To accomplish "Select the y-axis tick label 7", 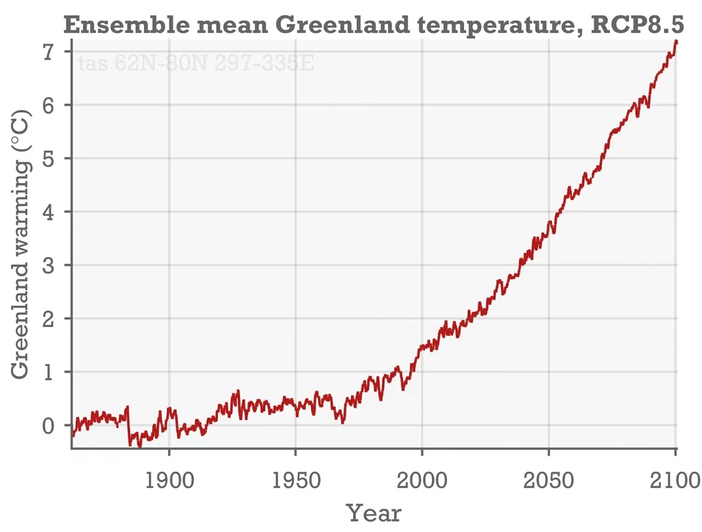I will (47, 51).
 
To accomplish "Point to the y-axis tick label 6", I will (47, 105).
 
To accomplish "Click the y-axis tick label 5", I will (47, 158).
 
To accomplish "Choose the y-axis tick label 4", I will (47, 212).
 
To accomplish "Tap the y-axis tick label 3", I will (47, 265).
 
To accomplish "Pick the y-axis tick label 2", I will (47, 319).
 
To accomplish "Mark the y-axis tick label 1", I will (47, 372).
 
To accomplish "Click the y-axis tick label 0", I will (47, 426).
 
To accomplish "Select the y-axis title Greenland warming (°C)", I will (21, 243).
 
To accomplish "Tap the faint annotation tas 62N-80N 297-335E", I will (196, 64).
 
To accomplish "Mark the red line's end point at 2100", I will (676, 41).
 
